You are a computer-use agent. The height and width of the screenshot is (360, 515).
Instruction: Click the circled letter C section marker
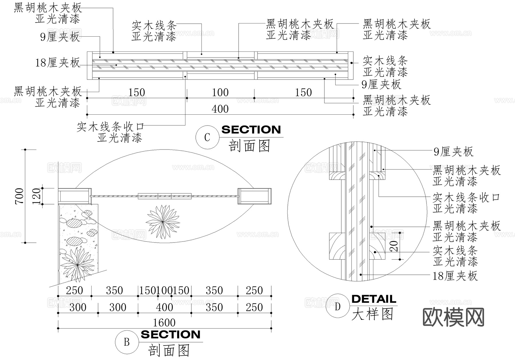(207, 137)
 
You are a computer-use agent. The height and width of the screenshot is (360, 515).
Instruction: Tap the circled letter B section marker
(126, 342)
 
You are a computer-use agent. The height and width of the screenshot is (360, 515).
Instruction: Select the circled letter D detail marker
(338, 307)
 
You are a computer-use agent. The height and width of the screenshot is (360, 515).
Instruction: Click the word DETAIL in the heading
(374, 299)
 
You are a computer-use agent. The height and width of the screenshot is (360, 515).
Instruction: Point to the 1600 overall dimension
(164, 323)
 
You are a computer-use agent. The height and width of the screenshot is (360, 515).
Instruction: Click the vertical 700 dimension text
(19, 196)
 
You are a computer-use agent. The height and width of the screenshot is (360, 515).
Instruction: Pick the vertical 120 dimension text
(37, 196)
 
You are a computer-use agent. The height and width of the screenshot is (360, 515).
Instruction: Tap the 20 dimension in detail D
(395, 246)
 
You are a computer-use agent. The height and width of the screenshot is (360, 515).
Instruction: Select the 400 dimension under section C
(220, 109)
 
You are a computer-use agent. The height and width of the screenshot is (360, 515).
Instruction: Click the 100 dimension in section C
(220, 93)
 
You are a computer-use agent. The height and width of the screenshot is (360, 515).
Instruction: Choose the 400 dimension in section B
(165, 307)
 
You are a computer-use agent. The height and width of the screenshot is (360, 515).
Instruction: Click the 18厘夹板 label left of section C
(58, 63)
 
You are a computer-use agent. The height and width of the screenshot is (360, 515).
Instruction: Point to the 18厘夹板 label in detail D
(455, 276)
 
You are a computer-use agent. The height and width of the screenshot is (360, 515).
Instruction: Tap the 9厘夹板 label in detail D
(453, 152)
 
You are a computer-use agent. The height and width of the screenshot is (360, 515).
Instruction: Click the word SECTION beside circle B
(171, 335)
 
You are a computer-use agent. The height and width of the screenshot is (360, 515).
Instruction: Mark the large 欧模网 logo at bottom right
(453, 317)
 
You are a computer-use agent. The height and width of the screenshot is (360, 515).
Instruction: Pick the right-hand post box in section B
(254, 196)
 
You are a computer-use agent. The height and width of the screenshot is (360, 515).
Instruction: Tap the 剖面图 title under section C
(249, 146)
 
